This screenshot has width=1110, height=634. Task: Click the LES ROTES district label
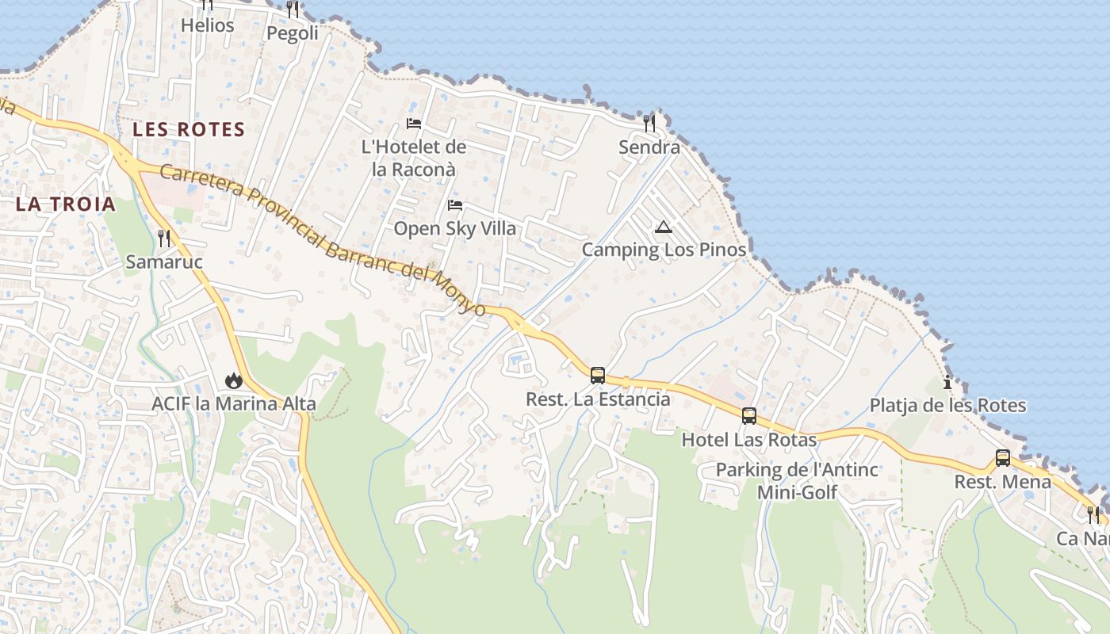(x=189, y=129)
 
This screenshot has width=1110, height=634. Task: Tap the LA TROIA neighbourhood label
(x=66, y=204)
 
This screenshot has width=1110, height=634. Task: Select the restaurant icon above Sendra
(x=649, y=123)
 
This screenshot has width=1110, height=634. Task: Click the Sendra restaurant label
(x=649, y=147)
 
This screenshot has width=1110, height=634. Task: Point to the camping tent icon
(x=664, y=228)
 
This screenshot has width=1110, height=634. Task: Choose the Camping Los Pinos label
(x=664, y=250)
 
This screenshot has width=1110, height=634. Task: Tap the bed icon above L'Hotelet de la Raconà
(x=414, y=123)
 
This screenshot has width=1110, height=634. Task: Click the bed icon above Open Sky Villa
(x=455, y=205)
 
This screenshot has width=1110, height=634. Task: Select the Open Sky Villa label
(x=455, y=229)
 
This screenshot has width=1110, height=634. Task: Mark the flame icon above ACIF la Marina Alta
(x=233, y=380)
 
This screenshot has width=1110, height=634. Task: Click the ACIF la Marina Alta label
(x=234, y=404)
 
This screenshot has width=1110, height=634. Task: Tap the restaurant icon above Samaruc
(x=164, y=238)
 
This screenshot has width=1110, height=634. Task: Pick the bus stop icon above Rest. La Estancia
(x=598, y=375)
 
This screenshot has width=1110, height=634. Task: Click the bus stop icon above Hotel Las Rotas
(x=749, y=415)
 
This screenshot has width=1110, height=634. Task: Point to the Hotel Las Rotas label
(x=749, y=439)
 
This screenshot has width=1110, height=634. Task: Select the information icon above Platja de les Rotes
(x=947, y=382)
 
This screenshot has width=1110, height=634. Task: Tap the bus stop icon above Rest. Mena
(x=1003, y=457)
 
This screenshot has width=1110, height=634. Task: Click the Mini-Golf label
(x=797, y=492)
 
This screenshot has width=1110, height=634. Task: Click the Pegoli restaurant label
(x=293, y=33)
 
